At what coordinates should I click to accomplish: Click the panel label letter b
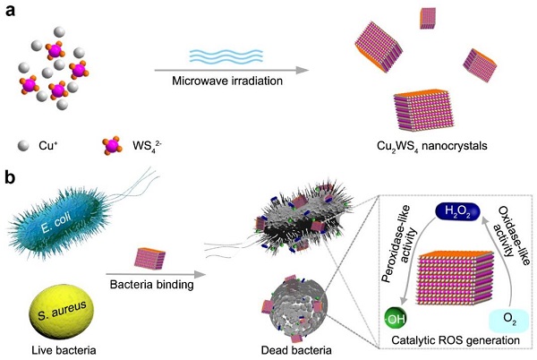[12, 178]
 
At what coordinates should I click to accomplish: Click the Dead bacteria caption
[286, 347]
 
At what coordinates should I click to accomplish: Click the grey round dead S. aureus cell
[293, 309]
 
